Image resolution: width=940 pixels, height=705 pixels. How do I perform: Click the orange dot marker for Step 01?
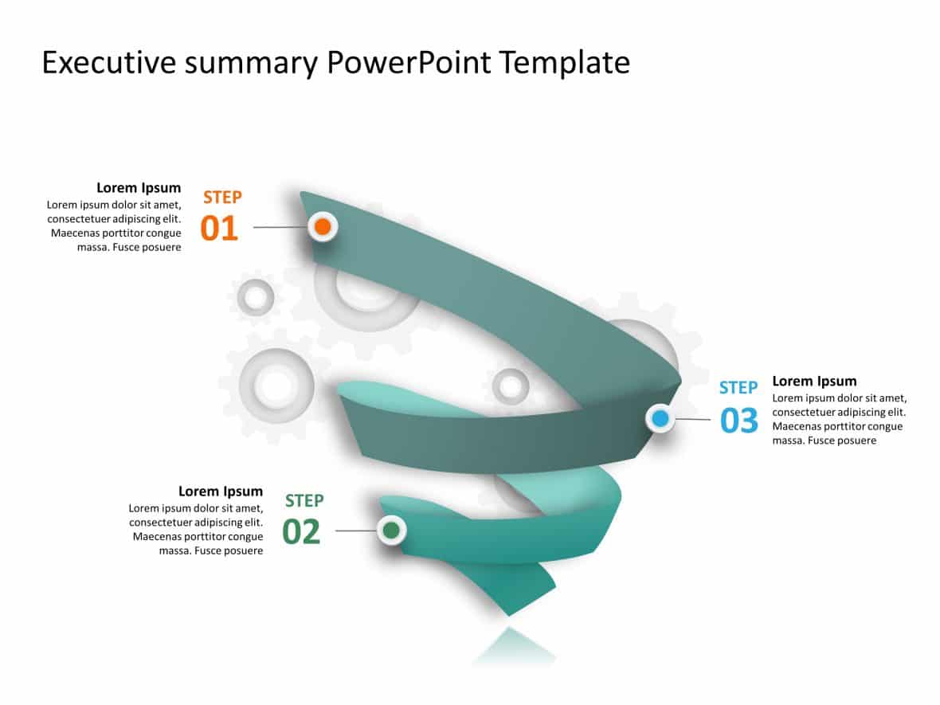tap(323, 227)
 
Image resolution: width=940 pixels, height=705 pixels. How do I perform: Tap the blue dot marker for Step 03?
tap(660, 417)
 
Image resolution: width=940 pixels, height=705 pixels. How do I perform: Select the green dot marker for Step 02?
tap(390, 530)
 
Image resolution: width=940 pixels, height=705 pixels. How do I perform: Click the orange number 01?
tap(219, 229)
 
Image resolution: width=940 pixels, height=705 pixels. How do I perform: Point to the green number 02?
tap(301, 532)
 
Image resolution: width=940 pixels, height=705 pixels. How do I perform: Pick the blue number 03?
tap(738, 421)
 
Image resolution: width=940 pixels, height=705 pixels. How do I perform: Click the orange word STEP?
tap(222, 198)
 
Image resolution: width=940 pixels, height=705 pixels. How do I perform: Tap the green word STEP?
tap(304, 501)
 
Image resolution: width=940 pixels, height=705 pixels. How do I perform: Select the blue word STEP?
tap(738, 388)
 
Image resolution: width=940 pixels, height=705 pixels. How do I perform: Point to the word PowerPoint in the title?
tap(409, 63)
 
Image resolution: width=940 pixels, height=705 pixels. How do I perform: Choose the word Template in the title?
tap(565, 63)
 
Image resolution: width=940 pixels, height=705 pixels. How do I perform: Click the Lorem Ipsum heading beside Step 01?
tap(139, 188)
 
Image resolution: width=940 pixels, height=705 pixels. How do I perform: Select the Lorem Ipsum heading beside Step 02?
tap(221, 492)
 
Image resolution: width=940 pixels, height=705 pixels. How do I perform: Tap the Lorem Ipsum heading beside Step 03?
tap(814, 381)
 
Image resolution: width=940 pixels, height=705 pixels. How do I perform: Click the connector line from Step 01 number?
tap(280, 227)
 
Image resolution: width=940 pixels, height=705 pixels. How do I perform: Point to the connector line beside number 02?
tap(355, 531)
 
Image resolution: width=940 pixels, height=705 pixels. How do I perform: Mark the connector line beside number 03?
tap(693, 419)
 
